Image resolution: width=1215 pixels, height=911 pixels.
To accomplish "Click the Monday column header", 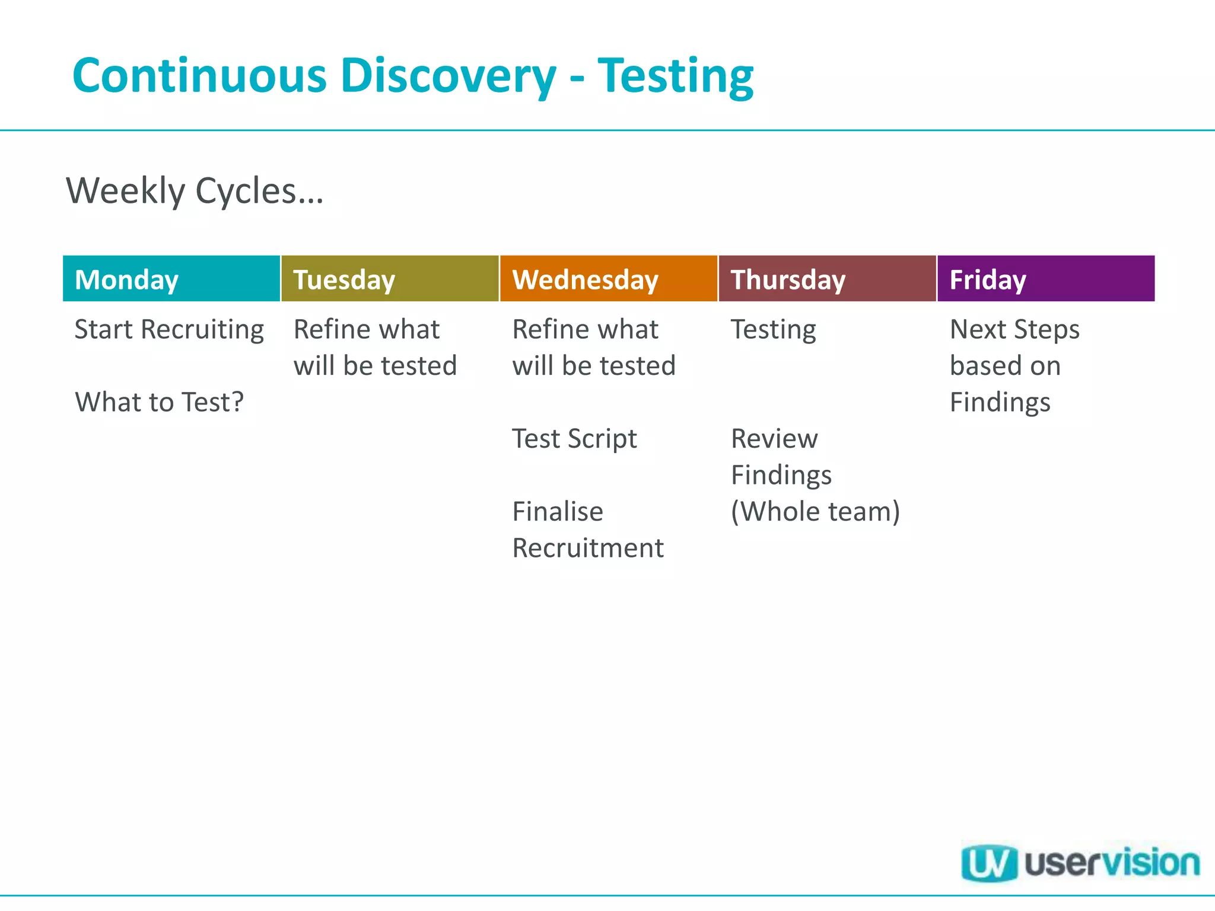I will click(x=171, y=279).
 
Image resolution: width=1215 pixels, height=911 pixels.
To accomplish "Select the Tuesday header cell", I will click(x=390, y=279).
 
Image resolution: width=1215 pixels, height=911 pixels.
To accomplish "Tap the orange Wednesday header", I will click(x=608, y=279).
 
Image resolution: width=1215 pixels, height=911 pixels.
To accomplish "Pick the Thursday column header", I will click(x=827, y=279).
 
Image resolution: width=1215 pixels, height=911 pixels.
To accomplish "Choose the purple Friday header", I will click(x=1046, y=279).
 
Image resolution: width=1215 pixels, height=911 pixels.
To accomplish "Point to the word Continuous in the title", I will click(x=199, y=76).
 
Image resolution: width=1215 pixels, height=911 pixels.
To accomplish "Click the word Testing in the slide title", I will click(x=675, y=76).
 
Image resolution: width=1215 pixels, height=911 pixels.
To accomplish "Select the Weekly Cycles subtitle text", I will click(x=195, y=191).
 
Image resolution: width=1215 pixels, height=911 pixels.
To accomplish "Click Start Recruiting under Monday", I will click(x=169, y=330).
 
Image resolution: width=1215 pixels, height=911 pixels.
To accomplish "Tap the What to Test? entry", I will click(x=159, y=402).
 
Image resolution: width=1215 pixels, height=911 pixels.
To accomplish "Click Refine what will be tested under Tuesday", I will click(x=375, y=348).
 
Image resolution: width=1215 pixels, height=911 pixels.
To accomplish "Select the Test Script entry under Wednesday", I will click(x=574, y=439).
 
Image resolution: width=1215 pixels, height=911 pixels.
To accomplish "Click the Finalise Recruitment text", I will click(x=587, y=529).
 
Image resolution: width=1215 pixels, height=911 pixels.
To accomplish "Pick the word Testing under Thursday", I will click(x=773, y=330).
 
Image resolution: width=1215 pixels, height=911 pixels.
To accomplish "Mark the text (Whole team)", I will click(x=815, y=511).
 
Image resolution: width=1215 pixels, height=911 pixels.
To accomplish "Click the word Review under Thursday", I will click(x=774, y=439).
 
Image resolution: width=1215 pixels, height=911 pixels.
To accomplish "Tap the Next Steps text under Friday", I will click(x=1014, y=330).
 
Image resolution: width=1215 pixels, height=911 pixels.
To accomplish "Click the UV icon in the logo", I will click(x=988, y=863).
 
